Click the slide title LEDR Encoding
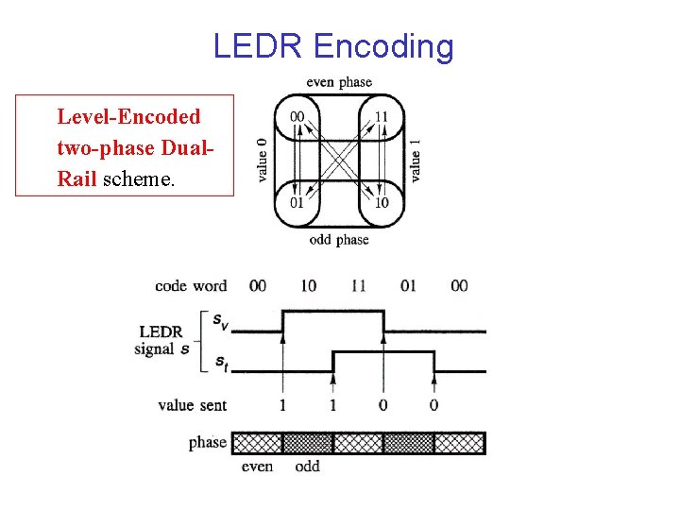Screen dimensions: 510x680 [x=333, y=45]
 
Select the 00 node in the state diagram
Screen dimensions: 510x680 [x=297, y=117]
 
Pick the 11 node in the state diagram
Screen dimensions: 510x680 [x=381, y=117]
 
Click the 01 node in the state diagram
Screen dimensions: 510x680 [x=297, y=203]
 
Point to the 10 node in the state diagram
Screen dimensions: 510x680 [x=381, y=203]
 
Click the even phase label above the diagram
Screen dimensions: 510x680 [x=339, y=82]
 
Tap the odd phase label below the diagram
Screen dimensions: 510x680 [x=339, y=240]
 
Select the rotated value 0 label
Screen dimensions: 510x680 [x=262, y=160]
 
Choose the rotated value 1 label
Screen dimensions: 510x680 [x=416, y=160]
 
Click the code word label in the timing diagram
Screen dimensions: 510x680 [x=192, y=285]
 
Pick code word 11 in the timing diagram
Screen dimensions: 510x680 [x=358, y=285]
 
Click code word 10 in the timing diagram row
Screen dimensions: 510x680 [x=308, y=285]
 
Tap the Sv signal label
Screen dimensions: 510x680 [x=219, y=323]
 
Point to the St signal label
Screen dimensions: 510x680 [x=219, y=362]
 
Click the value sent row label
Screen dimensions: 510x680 [x=192, y=405]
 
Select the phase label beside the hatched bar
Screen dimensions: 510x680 [x=207, y=442]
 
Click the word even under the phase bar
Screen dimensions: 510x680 [x=257, y=467]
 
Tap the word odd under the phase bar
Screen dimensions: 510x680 [x=308, y=467]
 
